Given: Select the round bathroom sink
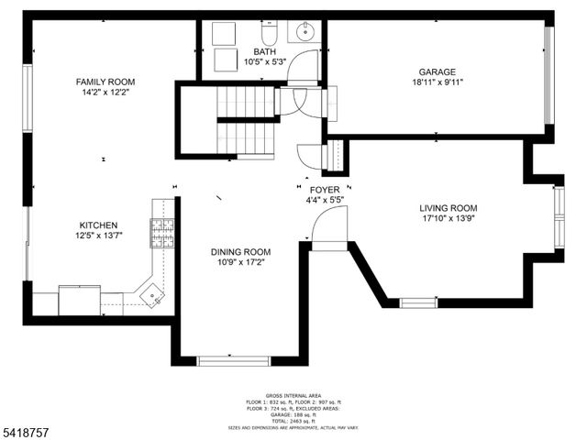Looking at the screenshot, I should tap(303, 35).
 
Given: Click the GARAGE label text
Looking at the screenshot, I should tap(437, 71).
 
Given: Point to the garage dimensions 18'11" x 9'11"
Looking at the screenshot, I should tap(437, 82).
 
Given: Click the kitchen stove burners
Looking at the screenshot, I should tap(162, 235).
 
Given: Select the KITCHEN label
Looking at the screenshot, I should tap(98, 225).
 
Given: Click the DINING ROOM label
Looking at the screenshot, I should tap(241, 252).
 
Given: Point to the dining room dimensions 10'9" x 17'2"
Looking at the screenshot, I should tap(241, 263).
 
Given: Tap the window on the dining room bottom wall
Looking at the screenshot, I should tap(234, 360).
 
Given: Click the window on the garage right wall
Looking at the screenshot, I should tap(549, 72).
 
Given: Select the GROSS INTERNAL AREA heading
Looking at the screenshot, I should tap(293, 394).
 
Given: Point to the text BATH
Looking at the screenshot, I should tap(266, 51).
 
